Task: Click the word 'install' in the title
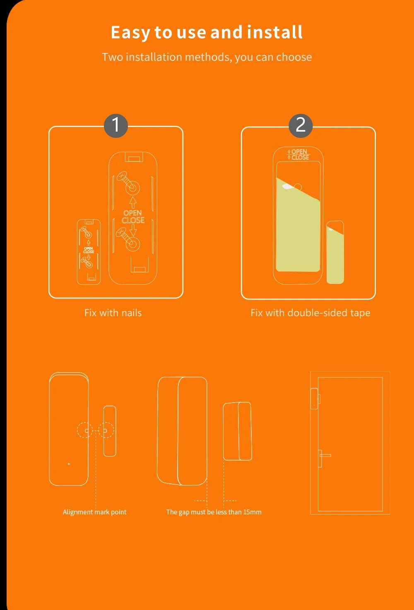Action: (x=274, y=32)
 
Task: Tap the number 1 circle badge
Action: (x=116, y=125)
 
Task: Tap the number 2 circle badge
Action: (x=301, y=125)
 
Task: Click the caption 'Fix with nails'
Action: (x=113, y=313)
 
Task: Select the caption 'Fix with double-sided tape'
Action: (x=310, y=313)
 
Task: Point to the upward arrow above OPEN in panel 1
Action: (x=133, y=202)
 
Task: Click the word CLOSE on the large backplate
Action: (x=133, y=221)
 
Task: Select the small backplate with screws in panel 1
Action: (x=89, y=252)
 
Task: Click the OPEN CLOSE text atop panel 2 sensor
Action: (x=298, y=154)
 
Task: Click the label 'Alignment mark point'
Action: (x=94, y=512)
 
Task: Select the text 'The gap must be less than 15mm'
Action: (x=214, y=512)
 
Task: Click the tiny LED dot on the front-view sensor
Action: (x=69, y=464)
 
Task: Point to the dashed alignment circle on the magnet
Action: (x=106, y=430)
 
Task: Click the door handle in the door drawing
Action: (x=324, y=456)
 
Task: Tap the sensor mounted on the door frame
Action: (x=315, y=399)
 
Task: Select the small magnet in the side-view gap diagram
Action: (x=238, y=431)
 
